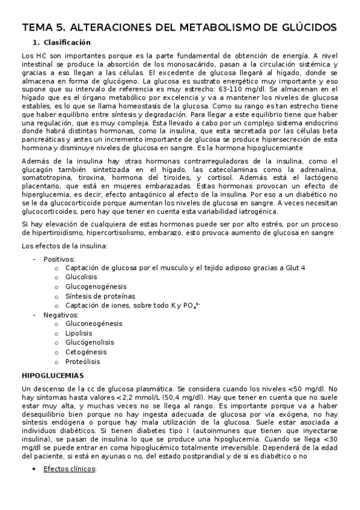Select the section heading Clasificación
coord(67,43)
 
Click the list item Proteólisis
coord(83,361)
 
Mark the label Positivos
coord(59,259)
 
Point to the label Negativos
coord(61,314)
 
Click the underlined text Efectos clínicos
coord(70,469)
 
